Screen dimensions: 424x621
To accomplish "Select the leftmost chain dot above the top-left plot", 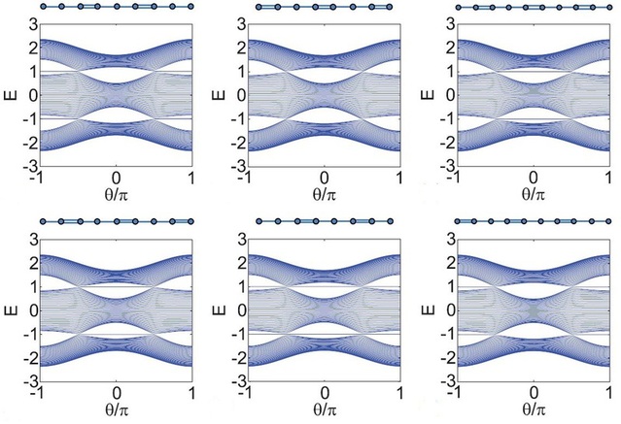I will pos(44,7).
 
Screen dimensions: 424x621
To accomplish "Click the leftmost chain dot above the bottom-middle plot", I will pos(259,221).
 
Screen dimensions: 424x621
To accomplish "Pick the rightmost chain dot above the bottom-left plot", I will pos(190,221).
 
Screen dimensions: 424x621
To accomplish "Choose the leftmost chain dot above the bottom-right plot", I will pos(458,221).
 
